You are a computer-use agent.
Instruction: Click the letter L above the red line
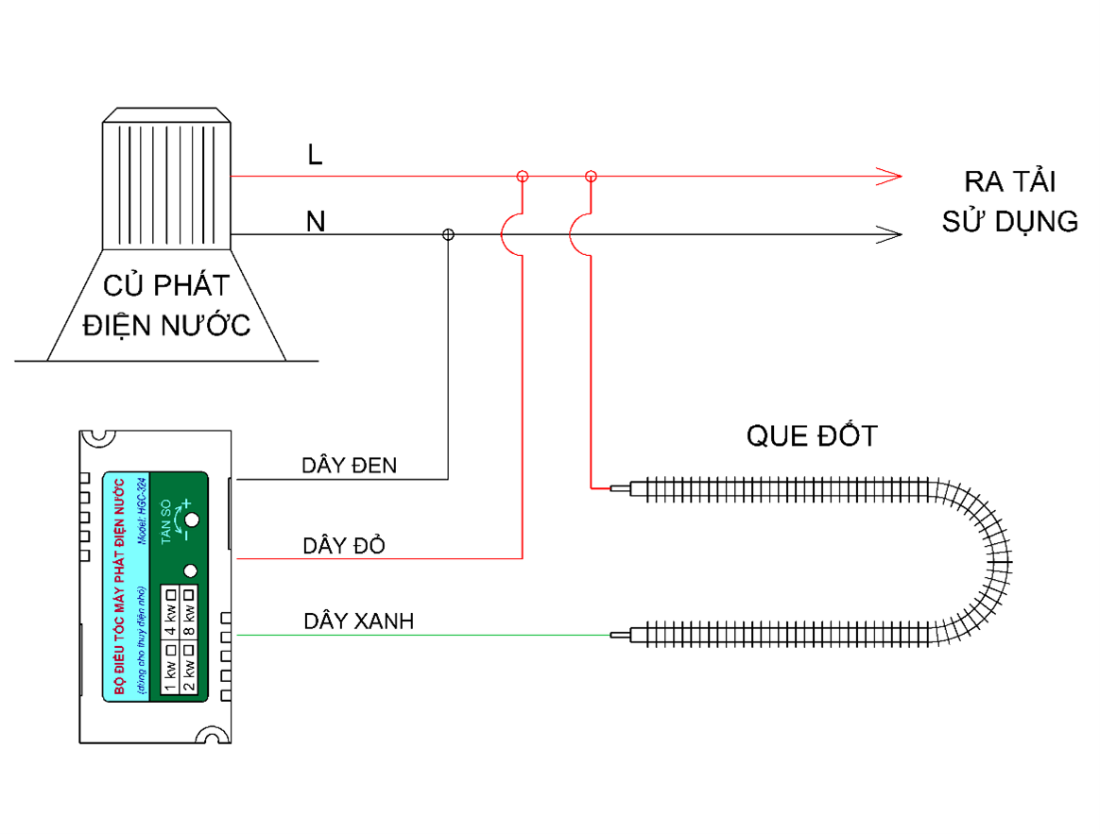(x=315, y=155)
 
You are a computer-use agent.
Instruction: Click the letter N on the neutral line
(x=316, y=223)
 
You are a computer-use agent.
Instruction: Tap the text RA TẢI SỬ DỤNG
(x=1009, y=201)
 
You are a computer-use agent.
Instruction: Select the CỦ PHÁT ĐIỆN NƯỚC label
(x=166, y=304)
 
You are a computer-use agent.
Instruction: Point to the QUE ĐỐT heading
(x=812, y=435)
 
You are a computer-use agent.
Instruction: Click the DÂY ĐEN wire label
(x=350, y=465)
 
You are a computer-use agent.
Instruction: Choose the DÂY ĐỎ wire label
(x=344, y=546)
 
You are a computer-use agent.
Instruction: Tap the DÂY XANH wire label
(x=358, y=621)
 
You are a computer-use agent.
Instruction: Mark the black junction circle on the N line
(x=449, y=234)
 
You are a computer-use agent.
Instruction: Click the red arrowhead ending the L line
(x=889, y=176)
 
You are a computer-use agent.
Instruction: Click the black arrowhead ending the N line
(x=889, y=234)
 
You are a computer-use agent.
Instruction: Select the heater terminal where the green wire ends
(x=620, y=635)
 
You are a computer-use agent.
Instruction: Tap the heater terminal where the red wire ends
(x=620, y=489)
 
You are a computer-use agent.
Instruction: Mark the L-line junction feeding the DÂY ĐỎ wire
(x=522, y=177)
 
